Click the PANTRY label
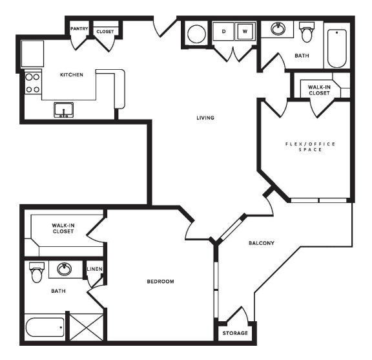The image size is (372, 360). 79,29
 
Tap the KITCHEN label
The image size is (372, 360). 72,75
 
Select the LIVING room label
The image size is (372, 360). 205,118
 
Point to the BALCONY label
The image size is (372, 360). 262,243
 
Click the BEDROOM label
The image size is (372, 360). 160,281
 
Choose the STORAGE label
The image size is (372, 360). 234,333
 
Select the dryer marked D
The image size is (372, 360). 224,31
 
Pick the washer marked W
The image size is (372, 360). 245,31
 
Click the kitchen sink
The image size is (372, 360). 64,109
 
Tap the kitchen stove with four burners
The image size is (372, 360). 32,83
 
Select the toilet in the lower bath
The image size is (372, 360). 37,273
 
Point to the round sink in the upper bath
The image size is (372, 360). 279,29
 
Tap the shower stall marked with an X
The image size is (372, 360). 86,326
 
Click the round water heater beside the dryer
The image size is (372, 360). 196,34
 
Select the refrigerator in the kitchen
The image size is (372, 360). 33,52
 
